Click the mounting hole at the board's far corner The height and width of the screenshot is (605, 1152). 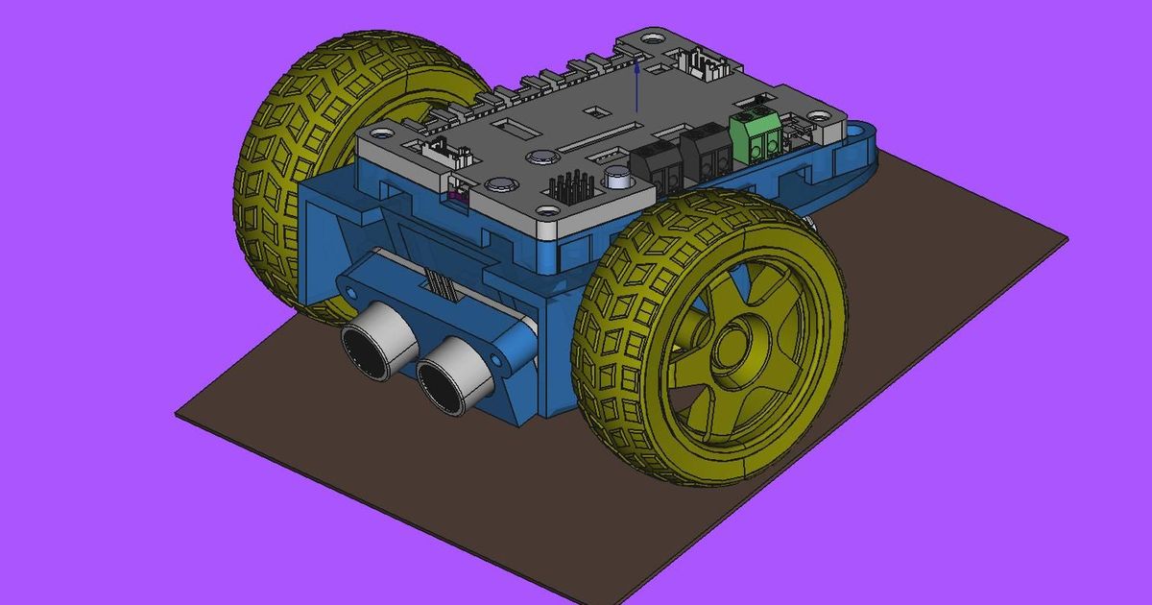[x=652, y=41]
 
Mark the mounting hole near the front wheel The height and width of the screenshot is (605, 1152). [x=547, y=210]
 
